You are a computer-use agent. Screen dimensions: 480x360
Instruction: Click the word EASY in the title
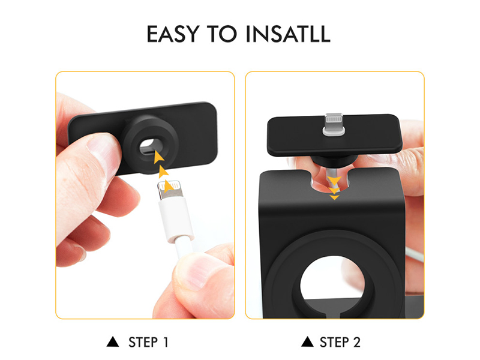[173, 34]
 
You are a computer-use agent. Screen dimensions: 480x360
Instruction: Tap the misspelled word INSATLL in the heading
[288, 34]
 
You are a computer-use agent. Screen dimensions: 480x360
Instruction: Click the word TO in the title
[222, 34]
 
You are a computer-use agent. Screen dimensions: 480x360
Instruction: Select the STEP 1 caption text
[148, 342]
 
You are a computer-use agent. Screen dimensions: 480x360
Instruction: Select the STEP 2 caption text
[340, 342]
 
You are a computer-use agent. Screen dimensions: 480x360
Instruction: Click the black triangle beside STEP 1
[113, 341]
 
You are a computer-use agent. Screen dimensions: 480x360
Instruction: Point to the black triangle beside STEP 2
[307, 341]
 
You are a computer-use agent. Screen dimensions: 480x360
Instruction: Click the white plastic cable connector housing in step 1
[176, 219]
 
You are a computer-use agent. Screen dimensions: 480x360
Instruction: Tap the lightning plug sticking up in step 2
[334, 124]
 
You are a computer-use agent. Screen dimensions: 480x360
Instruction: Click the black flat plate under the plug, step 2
[335, 134]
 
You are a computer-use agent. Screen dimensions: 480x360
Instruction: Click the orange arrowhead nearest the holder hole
[158, 157]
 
